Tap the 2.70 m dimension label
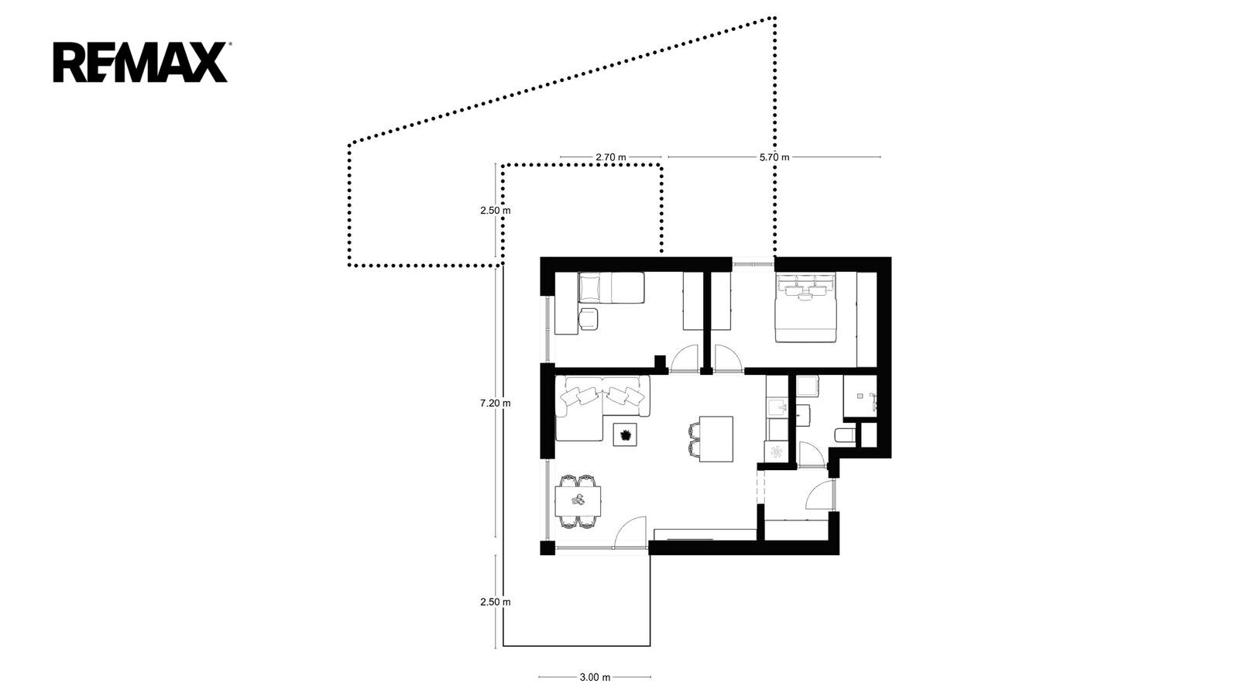pos(611,157)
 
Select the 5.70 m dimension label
pos(774,157)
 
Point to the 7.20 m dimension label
pos(495,403)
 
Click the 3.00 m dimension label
pos(595,677)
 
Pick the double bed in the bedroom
pos(805,307)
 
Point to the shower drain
pos(860,396)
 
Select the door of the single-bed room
pos(684,358)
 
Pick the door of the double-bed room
pos(728,358)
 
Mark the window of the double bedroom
pos(753,264)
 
